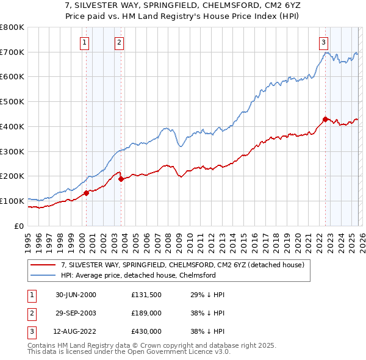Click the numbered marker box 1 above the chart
click(x=84, y=42)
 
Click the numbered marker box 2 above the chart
click(x=119, y=42)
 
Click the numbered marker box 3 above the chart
click(x=323, y=42)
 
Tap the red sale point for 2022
click(x=325, y=118)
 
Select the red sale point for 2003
click(x=121, y=179)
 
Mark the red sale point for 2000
click(x=86, y=193)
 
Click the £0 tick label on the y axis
click(x=18, y=226)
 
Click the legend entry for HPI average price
click(x=138, y=275)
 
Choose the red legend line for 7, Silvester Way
click(x=43, y=265)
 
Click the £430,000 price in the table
click(x=146, y=331)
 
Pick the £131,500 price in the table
click(x=146, y=295)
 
